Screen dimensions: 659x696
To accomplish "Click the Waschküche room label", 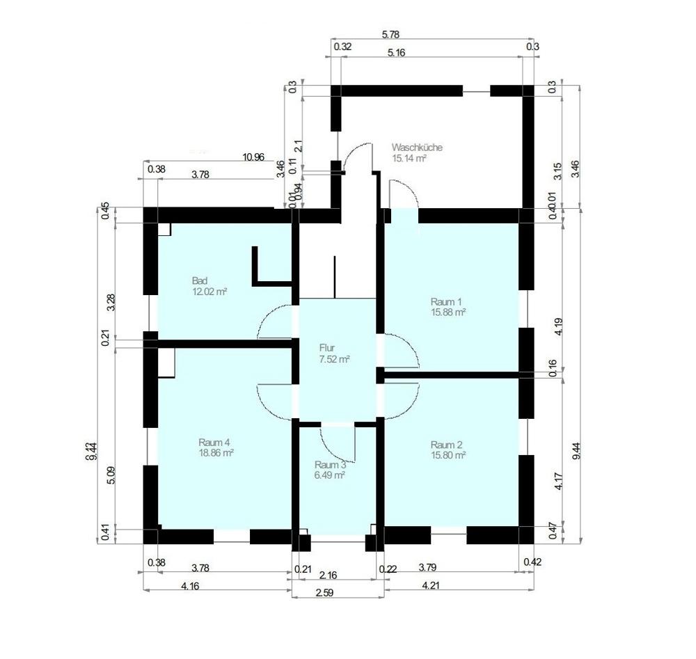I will tap(416, 148).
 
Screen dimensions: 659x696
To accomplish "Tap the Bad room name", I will tap(200, 280).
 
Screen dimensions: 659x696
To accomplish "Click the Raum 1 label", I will tap(446, 301).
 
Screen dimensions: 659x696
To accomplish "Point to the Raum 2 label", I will tap(446, 445).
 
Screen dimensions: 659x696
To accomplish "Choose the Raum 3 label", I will tap(330, 465).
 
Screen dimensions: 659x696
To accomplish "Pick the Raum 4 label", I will tap(214, 442).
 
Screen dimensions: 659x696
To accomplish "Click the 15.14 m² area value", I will tap(409, 159).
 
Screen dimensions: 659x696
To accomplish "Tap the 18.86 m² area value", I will tap(216, 452).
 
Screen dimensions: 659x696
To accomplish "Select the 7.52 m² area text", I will tap(334, 359).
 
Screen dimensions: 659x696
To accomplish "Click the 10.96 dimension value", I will tap(253, 157).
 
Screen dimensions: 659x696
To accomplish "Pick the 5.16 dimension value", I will tap(395, 52).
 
